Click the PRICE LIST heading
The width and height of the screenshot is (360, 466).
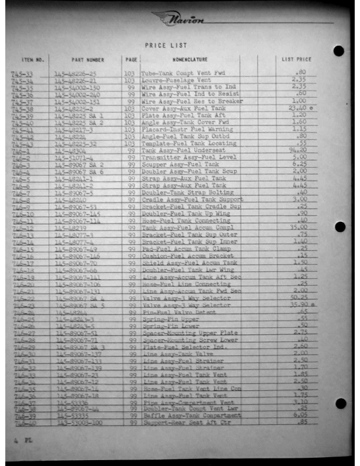[165, 45]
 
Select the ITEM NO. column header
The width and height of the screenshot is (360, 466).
[32, 59]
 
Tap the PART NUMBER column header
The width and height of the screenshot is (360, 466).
[87, 59]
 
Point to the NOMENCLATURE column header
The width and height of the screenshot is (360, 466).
[189, 59]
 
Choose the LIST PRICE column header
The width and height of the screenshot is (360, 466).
[296, 59]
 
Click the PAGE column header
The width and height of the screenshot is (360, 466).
[131, 59]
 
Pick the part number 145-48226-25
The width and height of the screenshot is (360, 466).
[75, 74]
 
